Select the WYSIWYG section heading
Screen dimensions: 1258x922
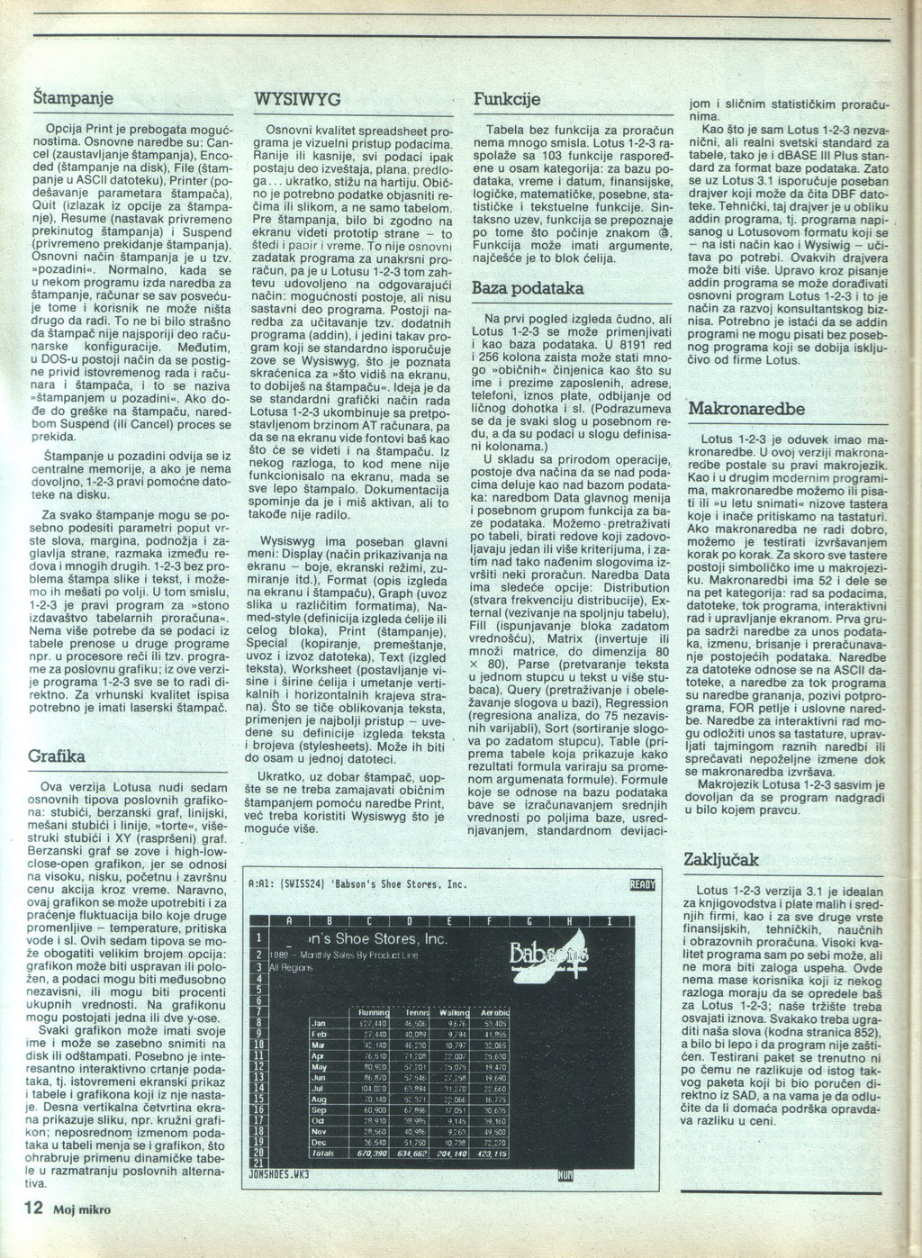pyautogui.click(x=297, y=99)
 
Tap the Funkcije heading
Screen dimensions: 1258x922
pyautogui.click(x=507, y=99)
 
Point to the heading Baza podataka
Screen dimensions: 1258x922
pyautogui.click(x=529, y=288)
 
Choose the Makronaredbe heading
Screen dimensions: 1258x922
pyautogui.click(x=746, y=408)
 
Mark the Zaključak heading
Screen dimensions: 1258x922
pyautogui.click(x=722, y=858)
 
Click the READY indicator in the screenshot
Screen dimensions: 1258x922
pyautogui.click(x=643, y=884)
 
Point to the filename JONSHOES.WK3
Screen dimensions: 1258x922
pyautogui.click(x=278, y=1174)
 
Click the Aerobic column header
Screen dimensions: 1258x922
pyautogui.click(x=494, y=1012)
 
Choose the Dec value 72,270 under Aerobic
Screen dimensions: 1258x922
pyautogui.click(x=494, y=1141)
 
